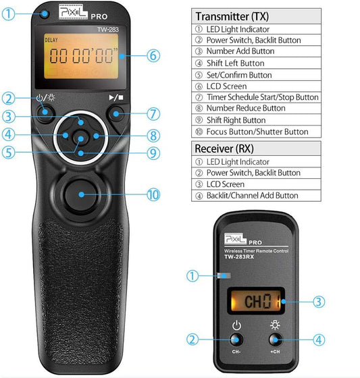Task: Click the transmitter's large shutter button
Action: click(x=80, y=195)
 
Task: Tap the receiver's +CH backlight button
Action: click(x=275, y=340)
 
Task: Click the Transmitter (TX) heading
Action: click(x=230, y=16)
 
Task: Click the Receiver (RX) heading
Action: click(x=223, y=148)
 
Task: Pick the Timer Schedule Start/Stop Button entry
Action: click(x=261, y=97)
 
